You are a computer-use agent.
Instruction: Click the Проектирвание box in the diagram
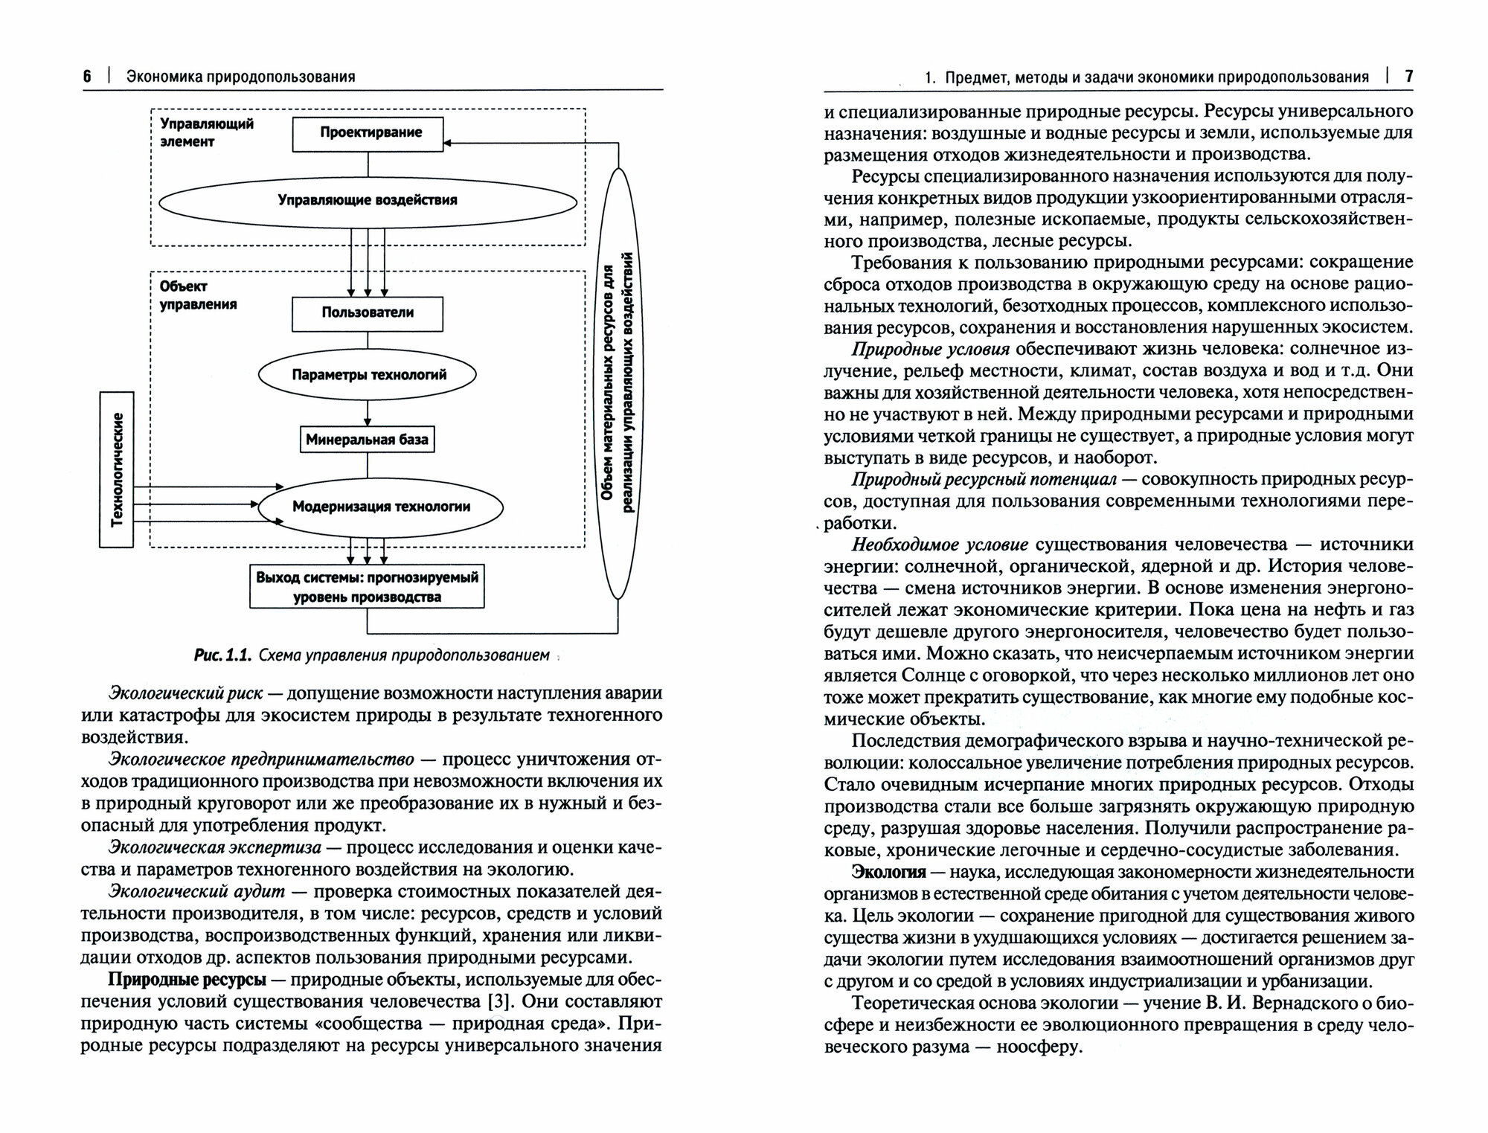368,133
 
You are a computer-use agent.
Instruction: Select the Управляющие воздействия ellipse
368,200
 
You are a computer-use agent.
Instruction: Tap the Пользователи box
368,313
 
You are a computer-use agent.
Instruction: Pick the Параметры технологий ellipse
368,375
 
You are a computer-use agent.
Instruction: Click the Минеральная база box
368,440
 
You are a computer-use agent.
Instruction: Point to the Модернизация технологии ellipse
381,507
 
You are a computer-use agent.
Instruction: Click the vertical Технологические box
117,469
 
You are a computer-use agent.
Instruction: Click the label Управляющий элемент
207,132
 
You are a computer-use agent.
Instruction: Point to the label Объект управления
198,295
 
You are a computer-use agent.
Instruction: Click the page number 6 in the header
88,76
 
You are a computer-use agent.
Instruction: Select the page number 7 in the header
1408,76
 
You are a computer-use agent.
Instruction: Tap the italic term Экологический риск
185,693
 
